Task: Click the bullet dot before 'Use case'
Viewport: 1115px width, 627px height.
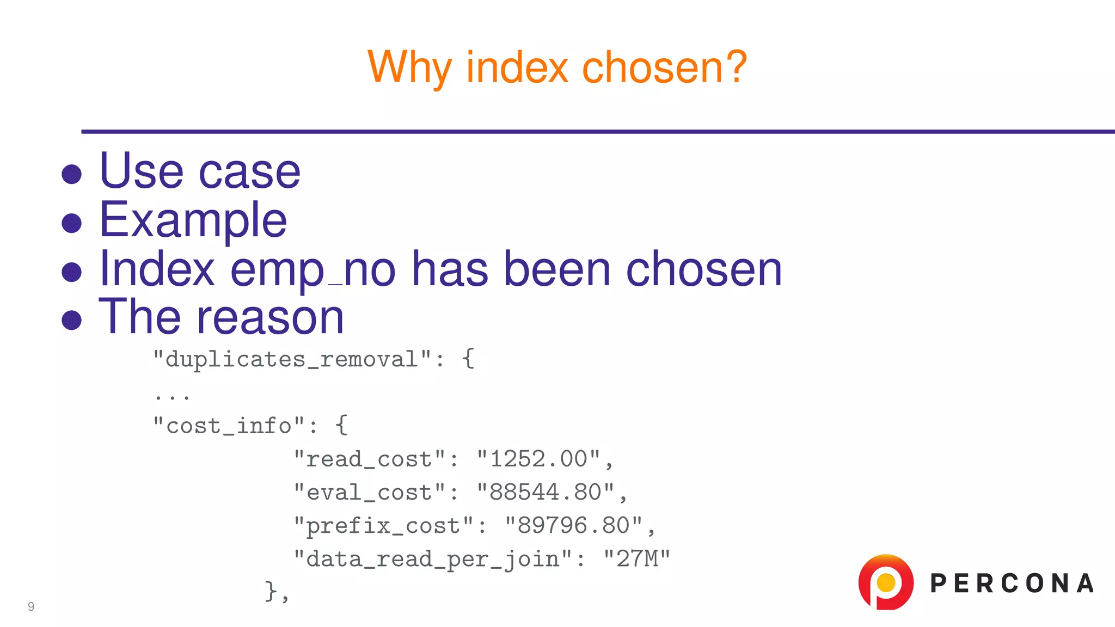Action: pos(72,175)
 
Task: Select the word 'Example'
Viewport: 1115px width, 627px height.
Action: pos(193,220)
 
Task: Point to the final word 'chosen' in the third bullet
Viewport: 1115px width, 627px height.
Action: pos(703,269)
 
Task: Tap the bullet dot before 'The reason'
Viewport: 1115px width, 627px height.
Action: pos(72,320)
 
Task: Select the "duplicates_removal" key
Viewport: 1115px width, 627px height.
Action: pos(292,360)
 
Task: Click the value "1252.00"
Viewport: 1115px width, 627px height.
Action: pos(538,459)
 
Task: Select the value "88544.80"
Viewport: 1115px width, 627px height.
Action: pos(546,492)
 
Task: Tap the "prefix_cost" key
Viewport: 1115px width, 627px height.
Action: pos(384,526)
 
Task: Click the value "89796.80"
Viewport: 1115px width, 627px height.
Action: pos(574,526)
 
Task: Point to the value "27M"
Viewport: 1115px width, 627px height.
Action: pos(637,559)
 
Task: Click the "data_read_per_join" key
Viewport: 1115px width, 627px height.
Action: pos(433,559)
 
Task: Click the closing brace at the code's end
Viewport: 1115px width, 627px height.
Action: pos(271,591)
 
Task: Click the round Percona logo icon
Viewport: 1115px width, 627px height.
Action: pos(886,582)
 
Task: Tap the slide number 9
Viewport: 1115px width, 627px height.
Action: pos(31,606)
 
